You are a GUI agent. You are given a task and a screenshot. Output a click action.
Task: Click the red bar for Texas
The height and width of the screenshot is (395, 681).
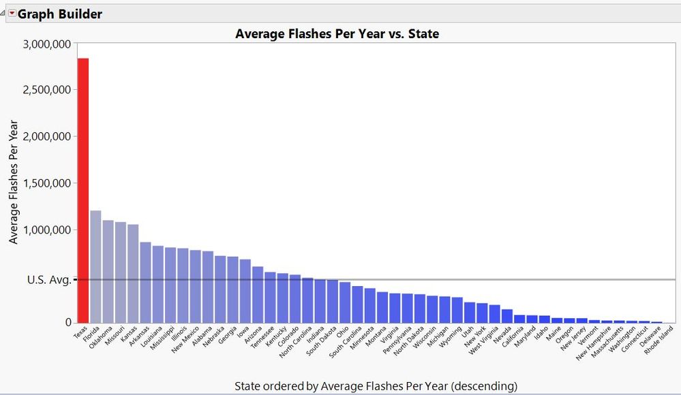click(83, 191)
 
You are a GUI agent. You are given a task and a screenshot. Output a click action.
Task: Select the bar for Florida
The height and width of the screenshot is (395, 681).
click(95, 266)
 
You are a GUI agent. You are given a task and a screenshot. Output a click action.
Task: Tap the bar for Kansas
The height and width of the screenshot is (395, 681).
click(133, 273)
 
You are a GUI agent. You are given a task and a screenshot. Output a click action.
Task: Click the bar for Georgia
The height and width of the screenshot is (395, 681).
click(232, 289)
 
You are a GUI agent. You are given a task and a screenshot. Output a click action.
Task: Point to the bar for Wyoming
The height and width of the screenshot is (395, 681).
click(457, 310)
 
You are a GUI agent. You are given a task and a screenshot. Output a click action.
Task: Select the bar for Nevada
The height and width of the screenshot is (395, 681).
click(506, 316)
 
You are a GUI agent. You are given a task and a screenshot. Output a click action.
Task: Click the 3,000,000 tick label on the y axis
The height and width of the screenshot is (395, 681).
click(47, 44)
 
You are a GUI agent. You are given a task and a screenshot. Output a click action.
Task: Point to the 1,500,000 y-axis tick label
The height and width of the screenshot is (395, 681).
click(47, 183)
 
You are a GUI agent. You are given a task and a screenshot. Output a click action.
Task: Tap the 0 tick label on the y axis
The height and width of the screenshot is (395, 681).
click(67, 323)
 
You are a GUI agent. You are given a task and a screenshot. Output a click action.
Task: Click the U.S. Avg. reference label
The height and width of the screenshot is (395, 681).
click(48, 279)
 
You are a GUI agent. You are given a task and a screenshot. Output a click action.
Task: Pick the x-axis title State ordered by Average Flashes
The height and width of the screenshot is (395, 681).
click(376, 385)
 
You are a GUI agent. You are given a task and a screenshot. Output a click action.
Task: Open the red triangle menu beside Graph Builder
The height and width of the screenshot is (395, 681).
click(12, 13)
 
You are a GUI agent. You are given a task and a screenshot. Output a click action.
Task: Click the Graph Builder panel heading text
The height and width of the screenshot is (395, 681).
click(60, 13)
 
